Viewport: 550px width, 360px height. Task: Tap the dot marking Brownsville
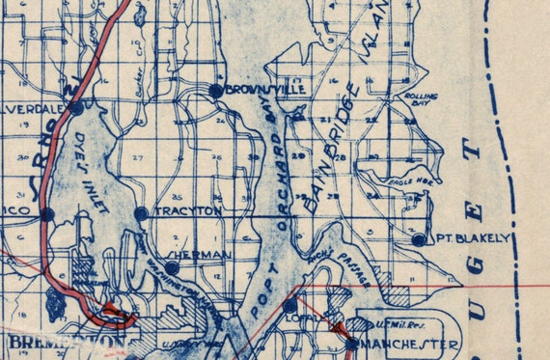pos(215,90)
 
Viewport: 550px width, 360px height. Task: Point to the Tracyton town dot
pos(141,212)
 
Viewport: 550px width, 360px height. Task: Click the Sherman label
pos(206,255)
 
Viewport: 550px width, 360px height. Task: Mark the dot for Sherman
pos(172,267)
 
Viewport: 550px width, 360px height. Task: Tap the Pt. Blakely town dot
pos(418,239)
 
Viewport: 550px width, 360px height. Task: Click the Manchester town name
pos(410,345)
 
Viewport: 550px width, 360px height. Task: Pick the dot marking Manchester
pos(352,342)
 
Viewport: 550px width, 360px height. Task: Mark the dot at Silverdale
pos(76,108)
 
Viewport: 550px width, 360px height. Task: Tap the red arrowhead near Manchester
pos(337,330)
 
